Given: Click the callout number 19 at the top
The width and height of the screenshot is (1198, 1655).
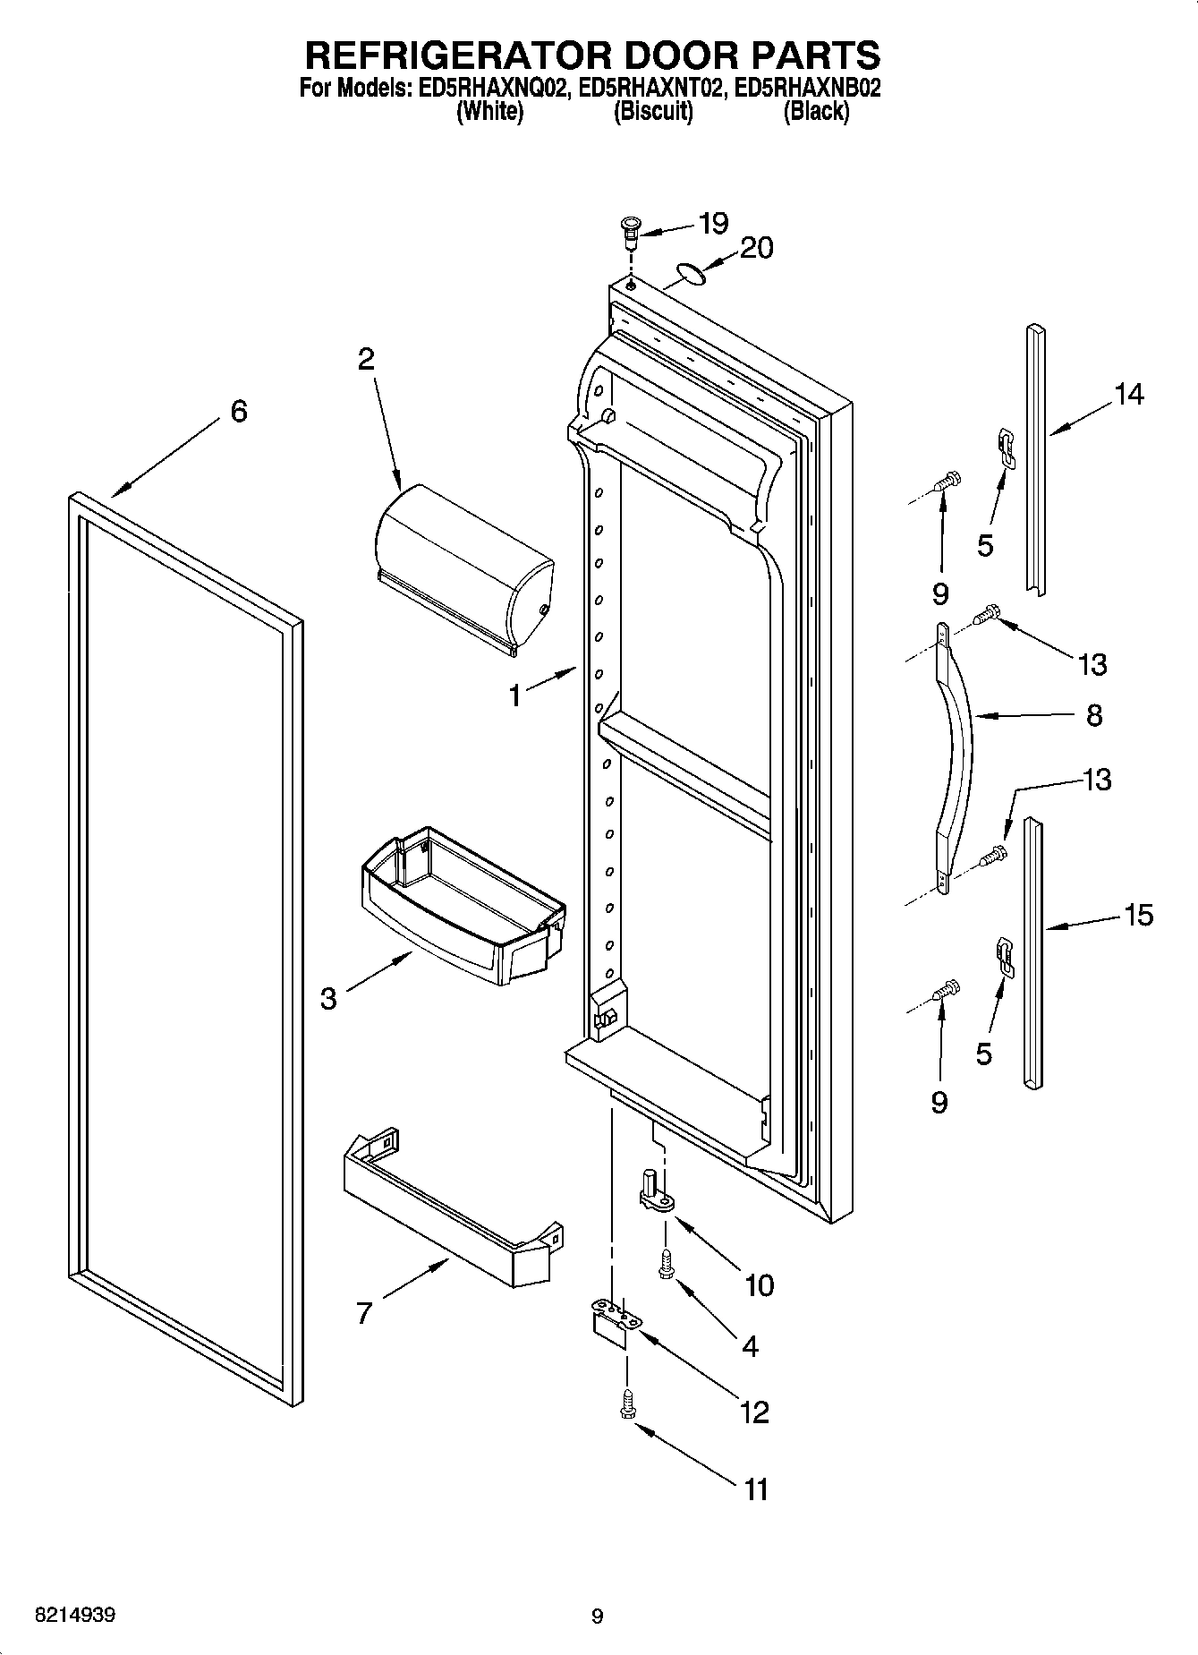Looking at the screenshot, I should coord(713,224).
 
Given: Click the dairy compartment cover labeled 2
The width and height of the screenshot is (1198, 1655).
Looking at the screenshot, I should coord(463,569).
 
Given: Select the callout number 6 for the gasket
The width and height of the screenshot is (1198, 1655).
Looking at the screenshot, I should coord(238,412).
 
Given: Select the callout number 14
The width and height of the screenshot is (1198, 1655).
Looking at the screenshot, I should coord(1128,394).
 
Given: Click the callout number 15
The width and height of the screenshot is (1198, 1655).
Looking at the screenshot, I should coord(1138,916).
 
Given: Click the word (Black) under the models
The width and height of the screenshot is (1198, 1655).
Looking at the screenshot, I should coord(815,113).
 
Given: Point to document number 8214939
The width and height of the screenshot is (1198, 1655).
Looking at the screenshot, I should coord(74,1616).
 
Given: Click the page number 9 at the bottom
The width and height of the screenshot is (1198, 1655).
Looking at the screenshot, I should coord(598,1617).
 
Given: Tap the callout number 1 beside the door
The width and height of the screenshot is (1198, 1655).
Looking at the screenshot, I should coord(514,695).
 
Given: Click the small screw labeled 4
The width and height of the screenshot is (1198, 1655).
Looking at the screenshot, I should coord(667,1265).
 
